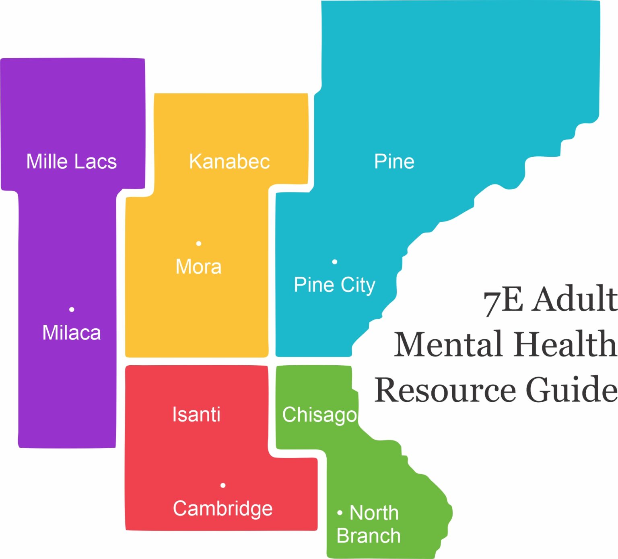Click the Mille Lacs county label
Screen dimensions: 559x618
(71, 162)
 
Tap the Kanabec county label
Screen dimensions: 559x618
(229, 162)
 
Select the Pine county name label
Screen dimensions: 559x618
(394, 162)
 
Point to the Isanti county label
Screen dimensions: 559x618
(196, 414)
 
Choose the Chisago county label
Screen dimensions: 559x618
(319, 415)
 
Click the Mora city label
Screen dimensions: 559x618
(198, 266)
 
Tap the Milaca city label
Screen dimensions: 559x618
(71, 333)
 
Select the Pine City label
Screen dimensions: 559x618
(334, 285)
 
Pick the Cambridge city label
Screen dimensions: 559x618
(222, 508)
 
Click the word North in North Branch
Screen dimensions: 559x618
(374, 513)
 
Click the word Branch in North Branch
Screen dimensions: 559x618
(369, 536)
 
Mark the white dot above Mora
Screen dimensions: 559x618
(198, 244)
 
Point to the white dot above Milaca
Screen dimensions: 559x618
(72, 309)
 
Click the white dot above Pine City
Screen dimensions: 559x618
(334, 262)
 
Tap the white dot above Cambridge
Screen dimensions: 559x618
(223, 485)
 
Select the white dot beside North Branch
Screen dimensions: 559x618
(340, 513)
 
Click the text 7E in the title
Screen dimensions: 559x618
(503, 300)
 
